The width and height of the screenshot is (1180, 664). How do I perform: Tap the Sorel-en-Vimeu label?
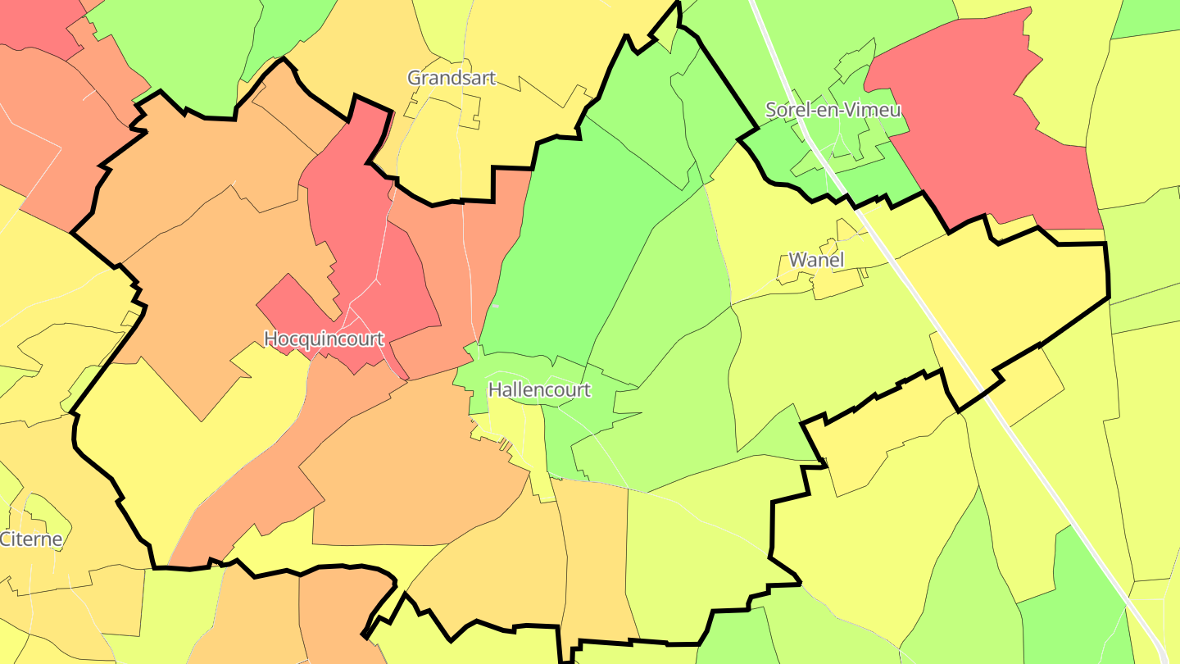pos(833,110)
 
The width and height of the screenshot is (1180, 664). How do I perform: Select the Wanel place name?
pos(815,260)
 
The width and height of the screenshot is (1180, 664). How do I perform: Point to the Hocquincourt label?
pos(324,339)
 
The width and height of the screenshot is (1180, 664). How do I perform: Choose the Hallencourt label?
pos(538,389)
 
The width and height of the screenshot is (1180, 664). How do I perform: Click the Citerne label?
pos(30,539)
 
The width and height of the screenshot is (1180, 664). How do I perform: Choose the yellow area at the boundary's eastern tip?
pos(1049,287)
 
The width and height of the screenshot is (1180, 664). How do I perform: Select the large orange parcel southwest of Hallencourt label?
pos(410,475)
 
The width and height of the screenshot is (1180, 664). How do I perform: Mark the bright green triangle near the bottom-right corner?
pos(1073,607)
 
